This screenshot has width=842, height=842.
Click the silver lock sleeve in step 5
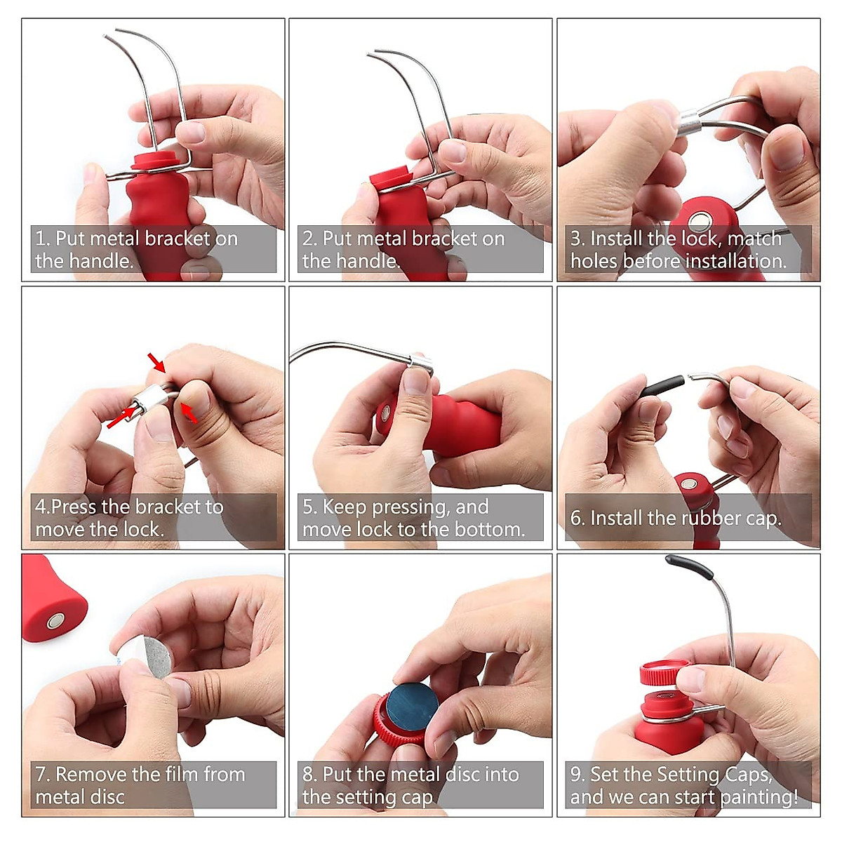click(420, 362)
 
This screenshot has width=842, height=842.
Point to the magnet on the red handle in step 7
click(55, 620)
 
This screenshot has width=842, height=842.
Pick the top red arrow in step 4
click(156, 363)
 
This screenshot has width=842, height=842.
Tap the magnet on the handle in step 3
click(700, 222)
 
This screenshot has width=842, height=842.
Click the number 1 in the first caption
click(40, 239)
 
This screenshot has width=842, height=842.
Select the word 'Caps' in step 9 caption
click(747, 775)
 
